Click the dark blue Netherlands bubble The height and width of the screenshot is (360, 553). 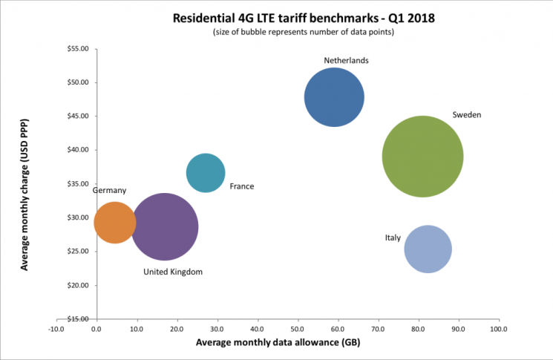pos(334,97)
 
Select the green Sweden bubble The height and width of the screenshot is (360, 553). pos(423,157)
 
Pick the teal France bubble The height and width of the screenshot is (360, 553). pos(206,173)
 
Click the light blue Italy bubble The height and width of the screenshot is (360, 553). pos(428,249)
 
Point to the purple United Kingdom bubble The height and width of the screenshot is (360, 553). pos(165,227)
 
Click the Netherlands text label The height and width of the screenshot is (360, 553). pos(346,60)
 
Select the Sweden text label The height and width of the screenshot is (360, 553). pos(467,115)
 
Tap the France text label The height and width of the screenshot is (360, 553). pos(242,186)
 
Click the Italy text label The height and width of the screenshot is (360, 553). pos(393,238)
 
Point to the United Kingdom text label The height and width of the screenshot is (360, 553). pos(173,272)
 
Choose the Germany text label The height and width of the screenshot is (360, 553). pos(109,191)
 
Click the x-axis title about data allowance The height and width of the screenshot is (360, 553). pos(277,344)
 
